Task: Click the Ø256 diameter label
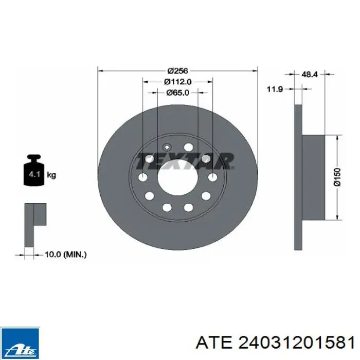pos(177,71)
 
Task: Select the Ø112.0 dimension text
pos(178,82)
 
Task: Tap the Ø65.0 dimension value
pos(178,93)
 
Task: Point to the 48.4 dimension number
pos(309,74)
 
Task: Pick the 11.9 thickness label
pos(275,89)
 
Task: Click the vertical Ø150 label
pos(337,177)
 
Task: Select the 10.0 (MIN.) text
pos(65,255)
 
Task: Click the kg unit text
pos(51,175)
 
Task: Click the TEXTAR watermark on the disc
pos(184,161)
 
